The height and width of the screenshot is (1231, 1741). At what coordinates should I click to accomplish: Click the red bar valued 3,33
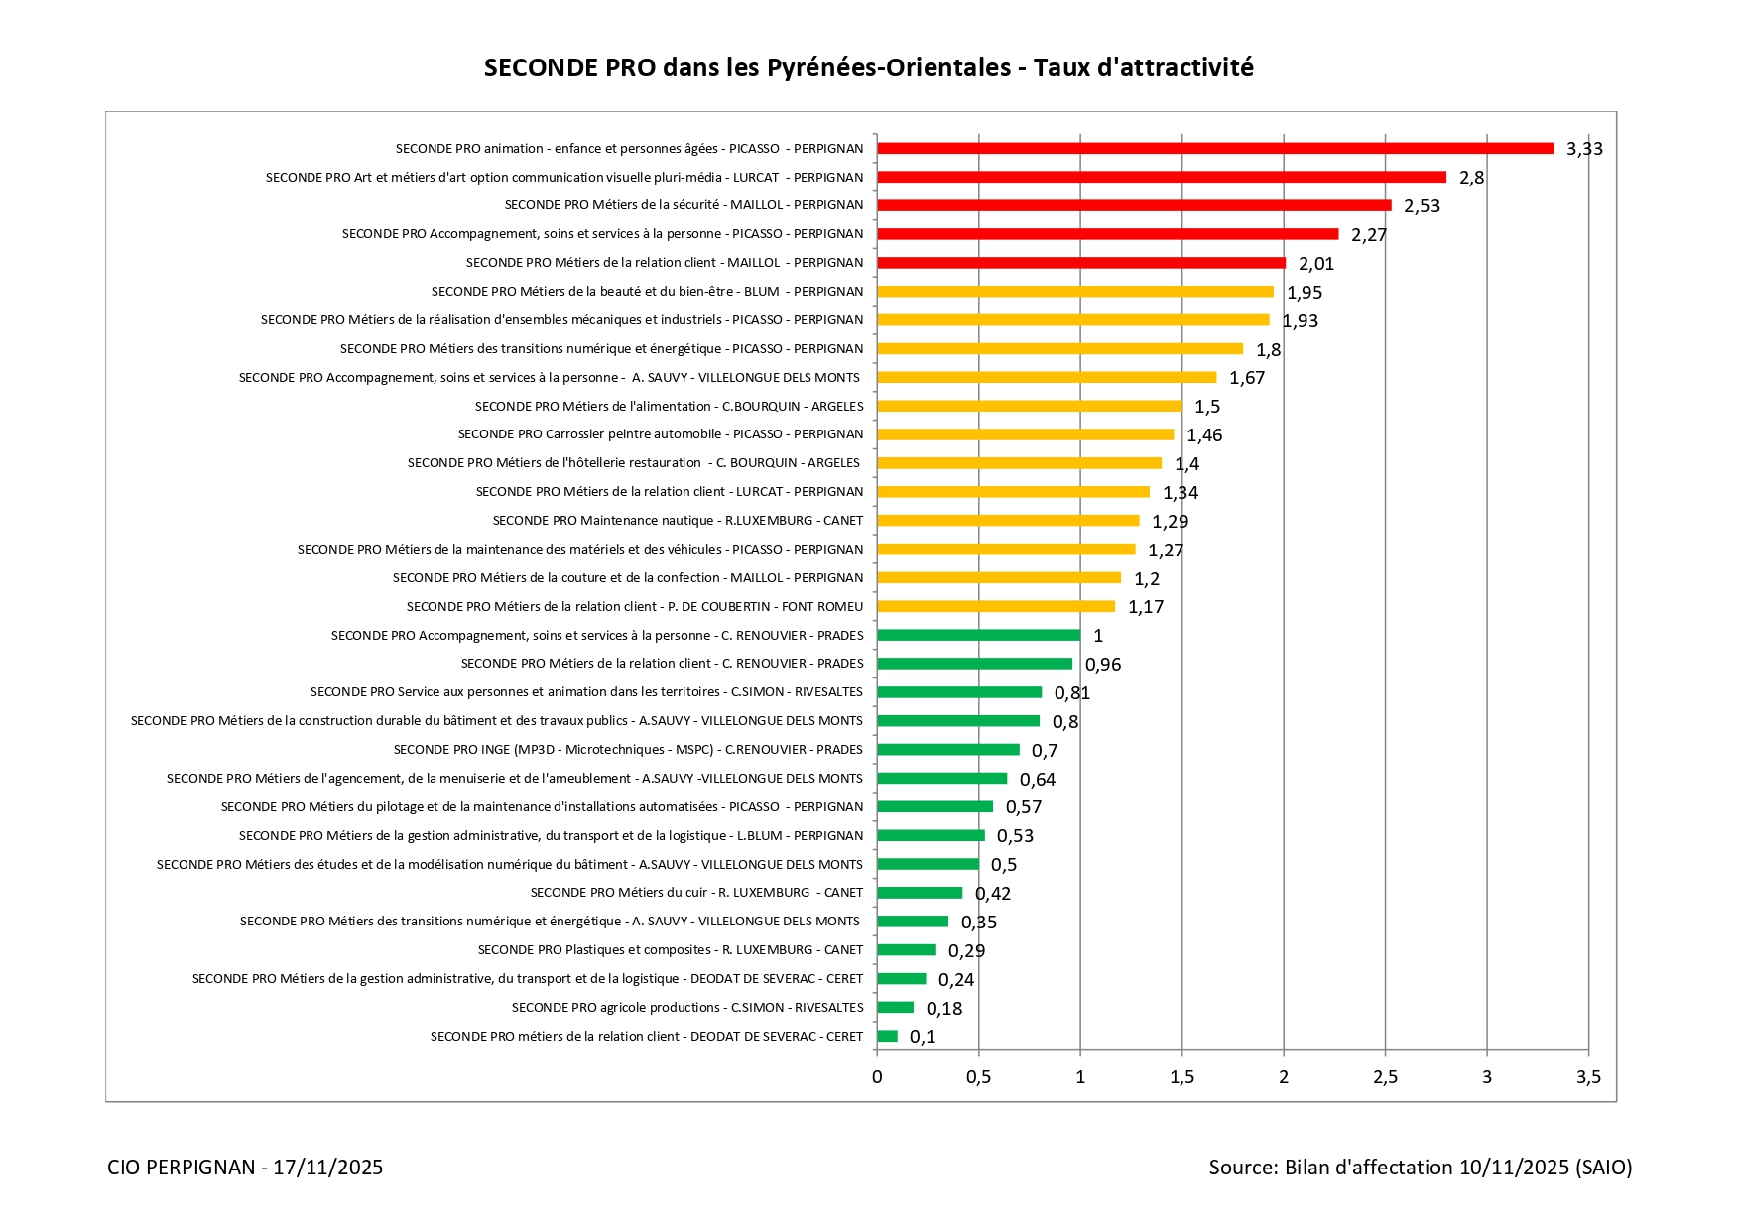point(1215,148)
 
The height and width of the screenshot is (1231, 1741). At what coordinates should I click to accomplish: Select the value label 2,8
point(1471,178)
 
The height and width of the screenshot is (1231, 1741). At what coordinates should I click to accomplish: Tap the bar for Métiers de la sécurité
point(1134,205)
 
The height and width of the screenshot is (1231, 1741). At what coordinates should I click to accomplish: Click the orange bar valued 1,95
point(1075,292)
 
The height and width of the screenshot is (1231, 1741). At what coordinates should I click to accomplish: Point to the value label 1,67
point(1247,378)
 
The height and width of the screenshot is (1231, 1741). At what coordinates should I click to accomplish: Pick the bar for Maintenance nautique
point(1008,521)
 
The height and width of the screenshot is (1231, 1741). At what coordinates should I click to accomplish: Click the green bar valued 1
point(978,635)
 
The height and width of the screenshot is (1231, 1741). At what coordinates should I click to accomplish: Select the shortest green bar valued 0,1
point(887,1036)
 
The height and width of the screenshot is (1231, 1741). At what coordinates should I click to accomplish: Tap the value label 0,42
point(993,894)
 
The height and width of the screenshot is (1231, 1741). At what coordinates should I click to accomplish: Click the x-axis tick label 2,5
point(1385,1077)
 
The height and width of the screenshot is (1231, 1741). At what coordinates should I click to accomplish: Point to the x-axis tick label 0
point(877,1077)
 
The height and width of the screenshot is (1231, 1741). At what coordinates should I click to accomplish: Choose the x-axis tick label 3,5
point(1588,1077)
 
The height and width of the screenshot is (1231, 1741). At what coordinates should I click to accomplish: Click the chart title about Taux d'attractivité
point(868,67)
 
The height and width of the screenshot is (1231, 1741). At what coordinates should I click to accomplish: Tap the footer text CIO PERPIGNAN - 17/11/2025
point(245,1168)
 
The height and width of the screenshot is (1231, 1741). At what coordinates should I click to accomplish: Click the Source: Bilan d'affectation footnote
point(1420,1168)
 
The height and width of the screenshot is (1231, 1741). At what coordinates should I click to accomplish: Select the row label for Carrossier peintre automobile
point(661,434)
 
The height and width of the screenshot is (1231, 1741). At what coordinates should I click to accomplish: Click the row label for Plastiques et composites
point(671,950)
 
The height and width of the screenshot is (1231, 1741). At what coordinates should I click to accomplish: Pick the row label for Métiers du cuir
point(696,893)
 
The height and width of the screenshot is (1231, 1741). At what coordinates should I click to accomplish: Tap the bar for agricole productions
point(895,1008)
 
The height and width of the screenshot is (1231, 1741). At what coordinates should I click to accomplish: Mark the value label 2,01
point(1316,264)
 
